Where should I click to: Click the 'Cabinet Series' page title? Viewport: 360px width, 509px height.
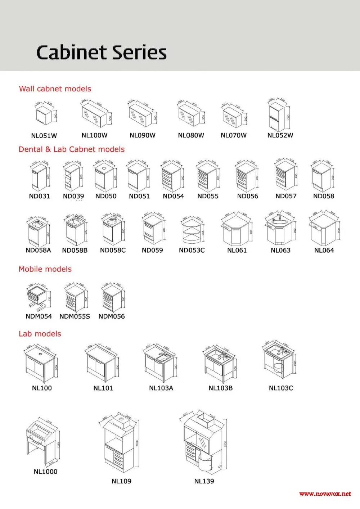[102, 52]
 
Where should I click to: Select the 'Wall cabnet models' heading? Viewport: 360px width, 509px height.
[55, 89]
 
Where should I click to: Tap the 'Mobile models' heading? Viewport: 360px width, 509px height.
[45, 269]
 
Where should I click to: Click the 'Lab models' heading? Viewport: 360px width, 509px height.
[40, 334]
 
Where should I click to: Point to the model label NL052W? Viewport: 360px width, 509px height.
[280, 136]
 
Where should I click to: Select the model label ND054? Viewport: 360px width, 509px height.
[173, 197]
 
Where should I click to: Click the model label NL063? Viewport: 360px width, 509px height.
[280, 251]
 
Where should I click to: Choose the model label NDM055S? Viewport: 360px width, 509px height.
[75, 316]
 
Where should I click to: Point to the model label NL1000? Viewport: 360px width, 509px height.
[45, 472]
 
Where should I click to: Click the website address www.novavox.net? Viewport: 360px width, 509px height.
[325, 494]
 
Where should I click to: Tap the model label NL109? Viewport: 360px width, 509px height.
[121, 481]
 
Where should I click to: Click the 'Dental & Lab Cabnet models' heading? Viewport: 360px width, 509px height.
[72, 149]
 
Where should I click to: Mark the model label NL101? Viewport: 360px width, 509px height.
[103, 388]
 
